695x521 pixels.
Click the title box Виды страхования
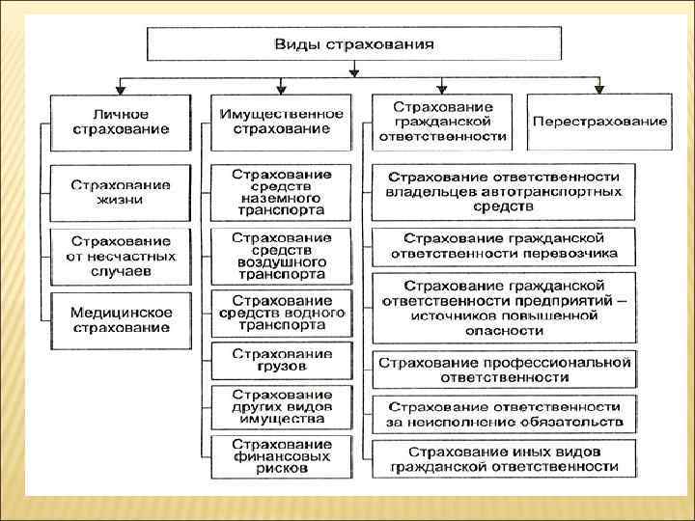coord(353,44)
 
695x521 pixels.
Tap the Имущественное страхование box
coord(282,122)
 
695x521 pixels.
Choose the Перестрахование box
coord(598,122)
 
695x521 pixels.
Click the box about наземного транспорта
coord(282,192)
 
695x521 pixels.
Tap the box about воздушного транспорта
coord(282,256)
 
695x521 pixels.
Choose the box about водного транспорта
coord(282,314)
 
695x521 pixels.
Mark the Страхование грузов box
coord(282,360)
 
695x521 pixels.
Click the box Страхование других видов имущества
coord(282,407)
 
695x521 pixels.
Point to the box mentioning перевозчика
coord(504,246)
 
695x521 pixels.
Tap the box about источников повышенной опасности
coord(504,308)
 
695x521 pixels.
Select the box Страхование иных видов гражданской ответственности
coord(504,458)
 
